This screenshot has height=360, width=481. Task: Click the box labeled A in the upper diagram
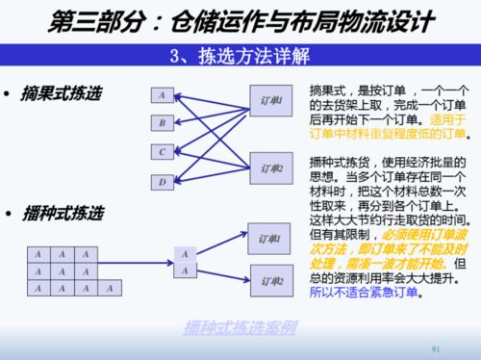(162, 95)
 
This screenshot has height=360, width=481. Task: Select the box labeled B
(162, 123)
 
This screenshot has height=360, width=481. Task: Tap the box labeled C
(162, 151)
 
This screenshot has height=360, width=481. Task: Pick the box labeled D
(162, 181)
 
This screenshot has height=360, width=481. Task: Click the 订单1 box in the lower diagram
(270, 237)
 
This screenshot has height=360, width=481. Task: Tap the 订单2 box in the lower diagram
(270, 280)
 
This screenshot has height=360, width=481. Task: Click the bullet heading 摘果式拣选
(61, 94)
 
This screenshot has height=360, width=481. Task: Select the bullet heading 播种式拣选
(61, 211)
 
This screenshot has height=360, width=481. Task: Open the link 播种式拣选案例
(240, 326)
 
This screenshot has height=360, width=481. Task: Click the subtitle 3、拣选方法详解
(240, 53)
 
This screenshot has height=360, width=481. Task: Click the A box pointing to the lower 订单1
(184, 254)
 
